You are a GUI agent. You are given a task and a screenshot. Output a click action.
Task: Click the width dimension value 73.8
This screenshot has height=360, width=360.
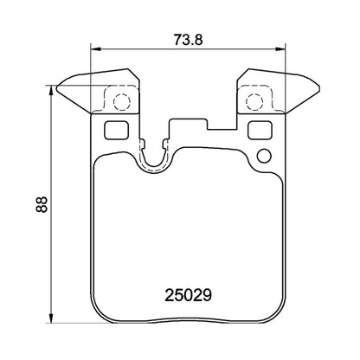point(180,39)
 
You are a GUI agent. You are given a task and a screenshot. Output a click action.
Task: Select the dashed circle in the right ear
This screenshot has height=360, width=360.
point(254,102)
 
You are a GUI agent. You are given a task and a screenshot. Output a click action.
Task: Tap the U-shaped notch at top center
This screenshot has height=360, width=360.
point(156,156)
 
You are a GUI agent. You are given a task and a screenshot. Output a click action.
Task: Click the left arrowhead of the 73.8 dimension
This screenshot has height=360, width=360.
point(94,49)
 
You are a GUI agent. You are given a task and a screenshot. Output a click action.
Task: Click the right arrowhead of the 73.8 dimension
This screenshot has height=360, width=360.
point(282,49)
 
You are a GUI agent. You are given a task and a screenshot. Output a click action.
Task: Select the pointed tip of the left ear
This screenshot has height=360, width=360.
point(55,87)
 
